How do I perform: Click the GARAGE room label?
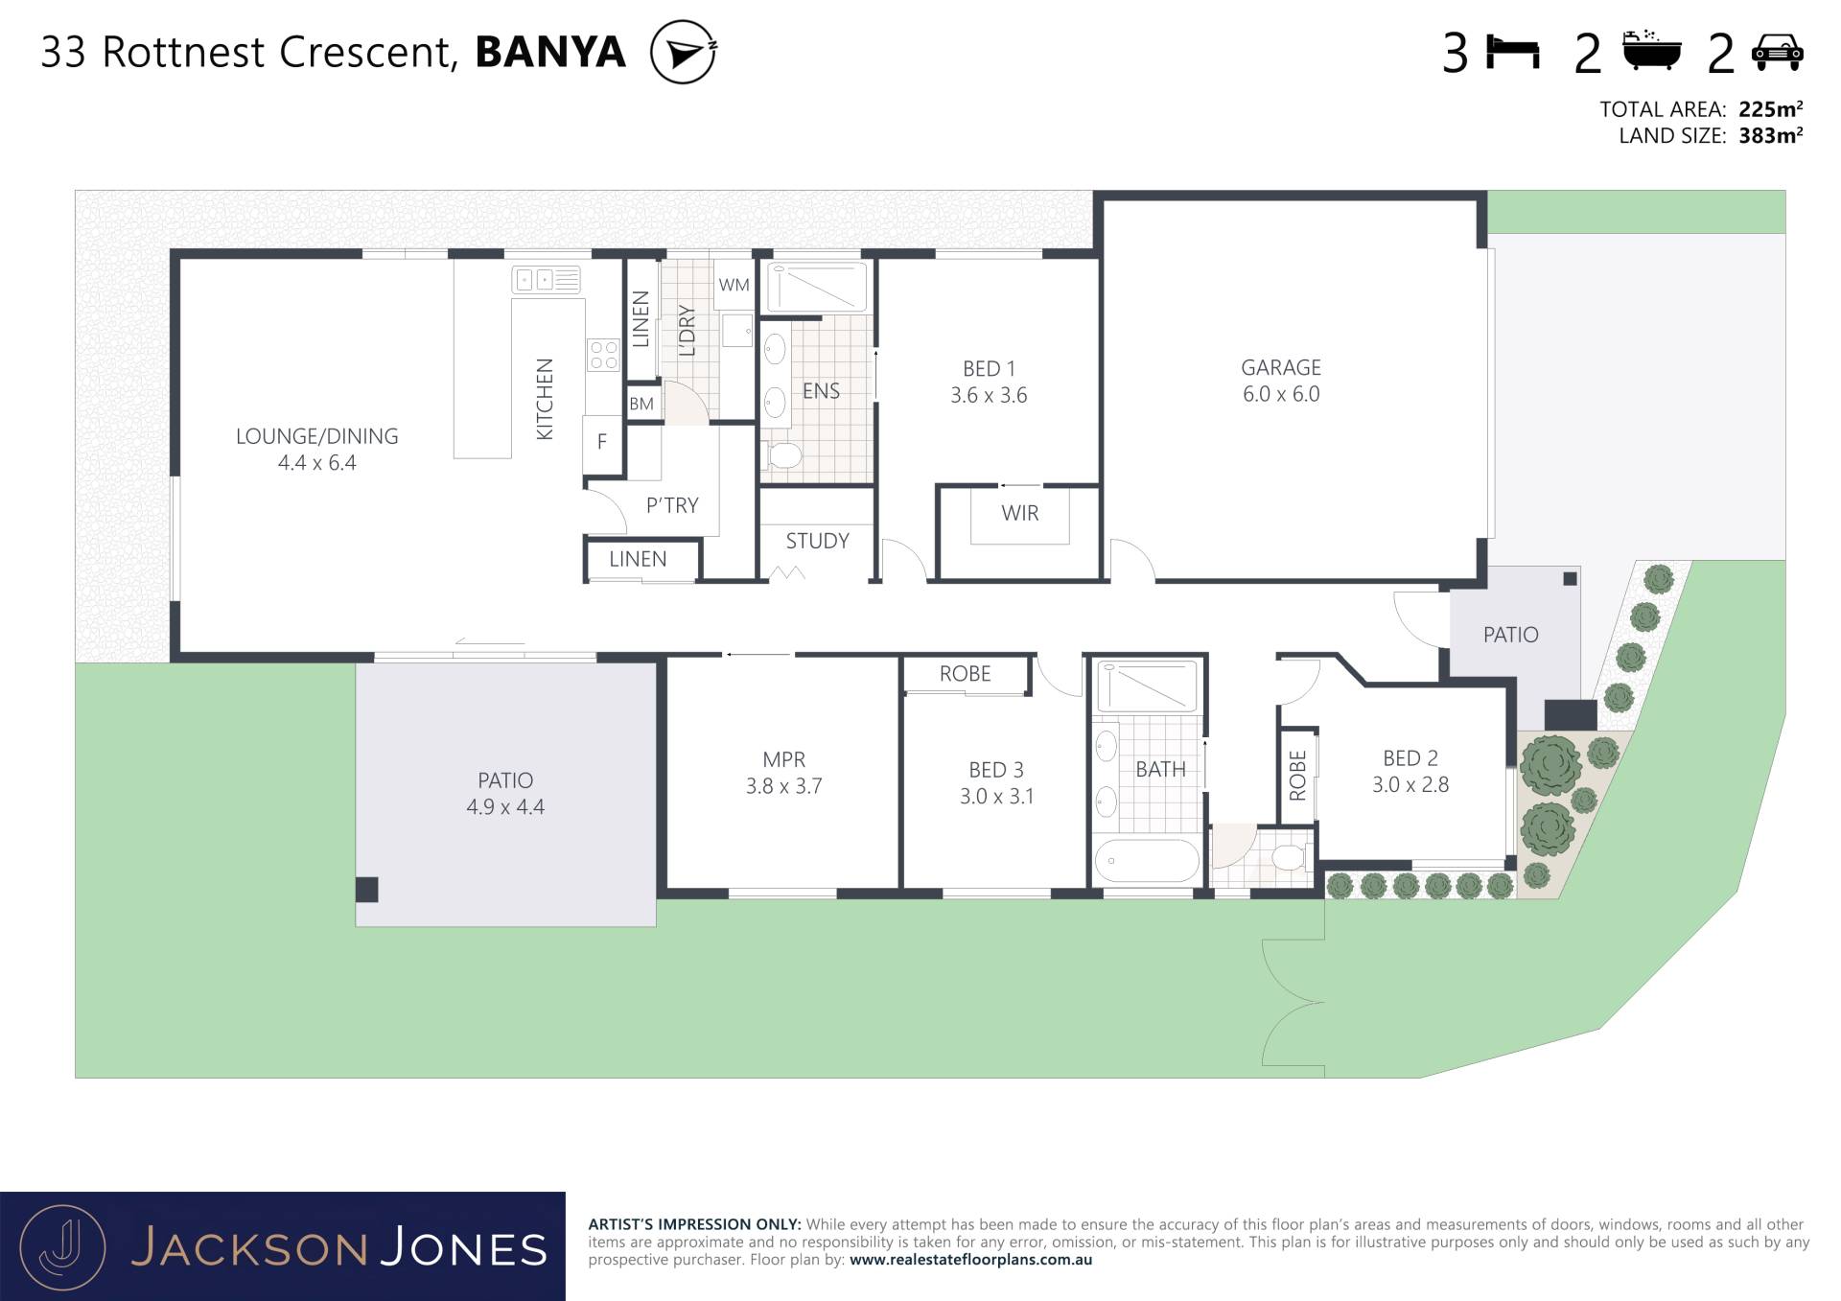click(x=1281, y=367)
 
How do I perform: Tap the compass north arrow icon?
click(x=684, y=53)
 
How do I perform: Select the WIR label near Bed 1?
click(x=1020, y=513)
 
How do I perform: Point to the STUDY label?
click(x=817, y=541)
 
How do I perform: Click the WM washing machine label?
click(x=734, y=285)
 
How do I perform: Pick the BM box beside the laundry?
click(x=641, y=404)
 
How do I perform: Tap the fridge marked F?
click(x=602, y=442)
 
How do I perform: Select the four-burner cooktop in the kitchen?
click(x=604, y=355)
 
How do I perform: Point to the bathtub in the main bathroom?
click(x=1147, y=861)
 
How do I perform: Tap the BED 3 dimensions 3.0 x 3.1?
click(x=997, y=796)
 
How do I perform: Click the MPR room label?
click(x=783, y=759)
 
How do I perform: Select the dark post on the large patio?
click(x=367, y=890)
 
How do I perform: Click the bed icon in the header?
click(x=1513, y=52)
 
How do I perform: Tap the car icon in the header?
click(x=1778, y=52)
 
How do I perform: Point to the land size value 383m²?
click(x=1771, y=135)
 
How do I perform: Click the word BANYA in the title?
click(x=550, y=52)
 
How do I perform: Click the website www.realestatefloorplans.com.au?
click(x=970, y=1260)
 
